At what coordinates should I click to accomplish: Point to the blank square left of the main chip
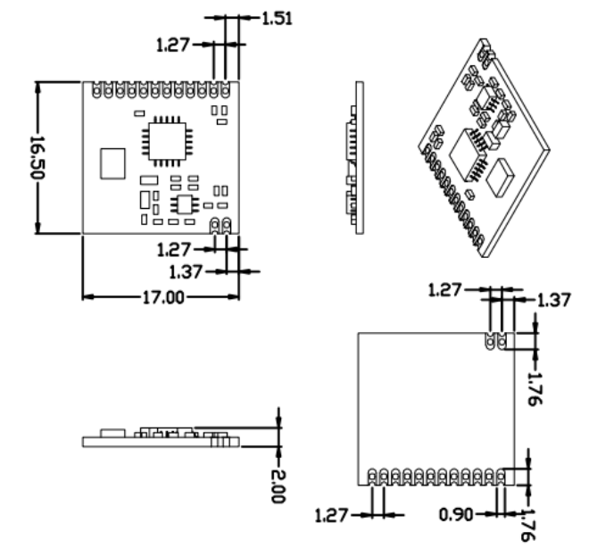[x=113, y=164]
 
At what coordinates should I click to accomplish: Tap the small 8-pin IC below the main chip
[x=187, y=204]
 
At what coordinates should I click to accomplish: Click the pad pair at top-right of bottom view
[x=495, y=341]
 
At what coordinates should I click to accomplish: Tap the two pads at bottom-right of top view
[x=220, y=224]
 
